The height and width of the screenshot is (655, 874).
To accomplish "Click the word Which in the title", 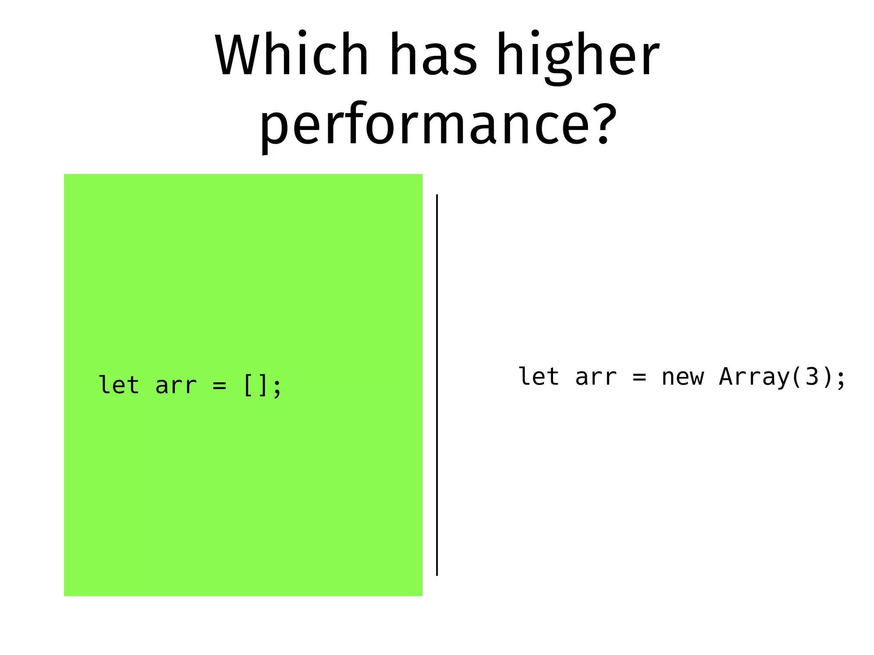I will coord(291,55).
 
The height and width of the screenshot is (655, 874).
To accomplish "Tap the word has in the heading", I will coord(433,55).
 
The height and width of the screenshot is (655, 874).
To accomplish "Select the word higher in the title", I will coord(578,58).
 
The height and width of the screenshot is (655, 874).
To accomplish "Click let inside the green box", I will coord(119,385).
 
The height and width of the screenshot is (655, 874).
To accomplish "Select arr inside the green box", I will coord(176,385).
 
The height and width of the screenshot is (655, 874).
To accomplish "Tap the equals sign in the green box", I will coord(219,385).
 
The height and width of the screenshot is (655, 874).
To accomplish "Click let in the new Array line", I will coord(539,377).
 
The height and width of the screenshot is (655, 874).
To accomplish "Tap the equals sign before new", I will coord(639,377).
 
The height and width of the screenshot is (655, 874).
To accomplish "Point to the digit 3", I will coord(812,377).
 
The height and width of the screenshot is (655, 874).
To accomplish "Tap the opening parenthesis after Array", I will coord(796,377).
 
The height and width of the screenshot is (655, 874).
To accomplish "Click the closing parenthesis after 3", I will coord(827,377).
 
